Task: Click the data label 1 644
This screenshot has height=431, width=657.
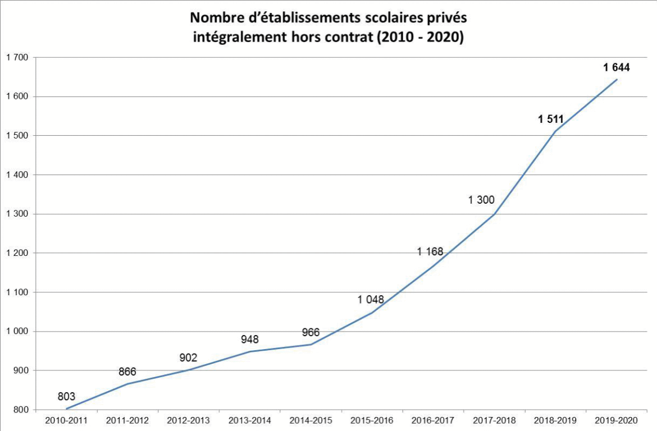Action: [617, 68]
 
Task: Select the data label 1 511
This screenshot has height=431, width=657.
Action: [550, 119]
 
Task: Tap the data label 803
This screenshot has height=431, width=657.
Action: [66, 397]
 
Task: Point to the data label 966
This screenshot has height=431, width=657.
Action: [311, 332]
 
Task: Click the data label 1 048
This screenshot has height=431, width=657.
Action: [371, 300]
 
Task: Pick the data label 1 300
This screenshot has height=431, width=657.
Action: [481, 200]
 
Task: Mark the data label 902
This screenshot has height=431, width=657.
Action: [188, 358]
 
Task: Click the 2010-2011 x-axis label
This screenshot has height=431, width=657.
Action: [66, 420]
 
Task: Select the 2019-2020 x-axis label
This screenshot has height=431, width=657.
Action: [617, 420]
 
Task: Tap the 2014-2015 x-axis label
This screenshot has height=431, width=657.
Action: [311, 420]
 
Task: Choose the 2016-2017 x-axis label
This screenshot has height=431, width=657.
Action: [433, 420]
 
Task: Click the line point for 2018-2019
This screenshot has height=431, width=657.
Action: [555, 132]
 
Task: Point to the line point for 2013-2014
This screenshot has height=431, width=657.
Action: [249, 352]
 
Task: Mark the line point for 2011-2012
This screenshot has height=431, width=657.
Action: [127, 384]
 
